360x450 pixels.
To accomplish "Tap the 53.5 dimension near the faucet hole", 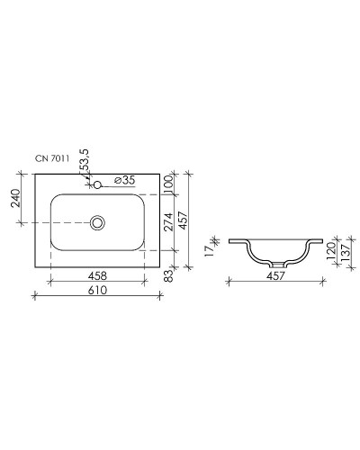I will tap(85, 164).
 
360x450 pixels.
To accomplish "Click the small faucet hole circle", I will tap(98, 185).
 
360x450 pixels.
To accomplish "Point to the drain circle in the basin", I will tap(98, 220).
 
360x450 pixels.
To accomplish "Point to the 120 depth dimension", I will tap(330, 249).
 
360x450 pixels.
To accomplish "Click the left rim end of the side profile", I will tap(231, 241).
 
